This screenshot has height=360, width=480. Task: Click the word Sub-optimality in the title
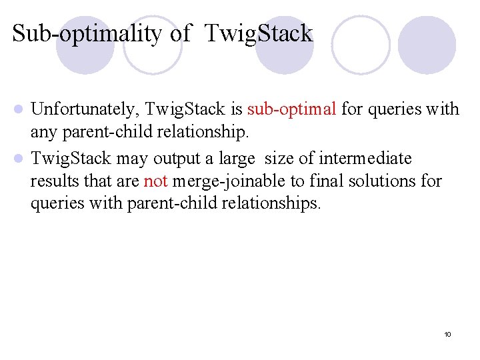point(87,33)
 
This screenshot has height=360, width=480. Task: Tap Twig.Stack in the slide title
point(259,33)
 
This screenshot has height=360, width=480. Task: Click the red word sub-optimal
point(291,109)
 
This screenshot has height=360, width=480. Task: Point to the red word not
point(155,181)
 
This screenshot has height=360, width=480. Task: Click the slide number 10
point(447,333)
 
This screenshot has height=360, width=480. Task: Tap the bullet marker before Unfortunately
point(20,109)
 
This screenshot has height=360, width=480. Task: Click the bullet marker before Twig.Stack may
point(20,159)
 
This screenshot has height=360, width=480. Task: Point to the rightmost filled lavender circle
point(427,44)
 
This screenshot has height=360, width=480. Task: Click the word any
point(44,131)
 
